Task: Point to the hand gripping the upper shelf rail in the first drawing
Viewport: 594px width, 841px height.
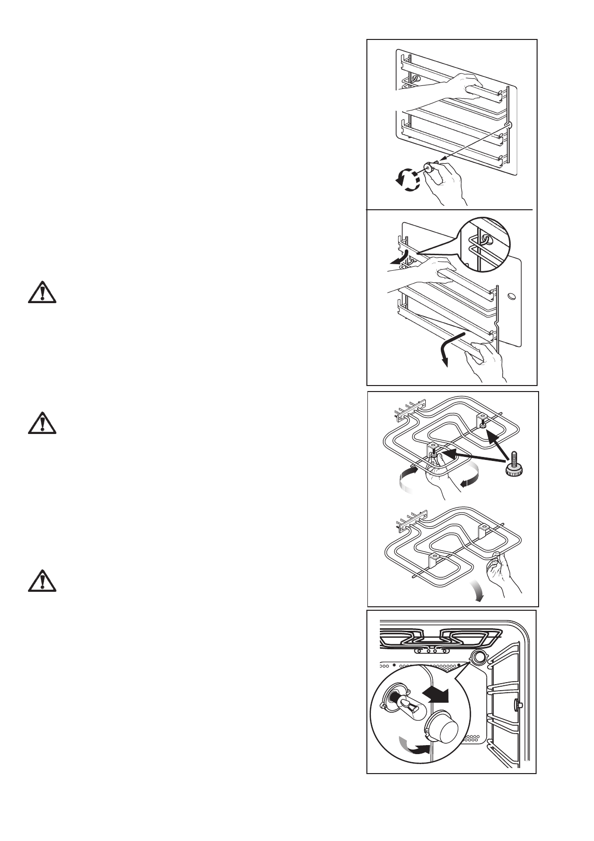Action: pyautogui.click(x=462, y=86)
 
